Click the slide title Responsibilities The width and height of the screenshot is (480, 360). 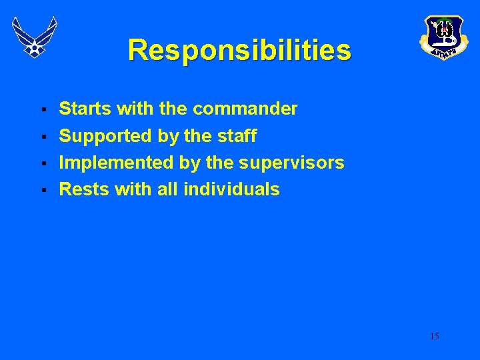tap(239, 50)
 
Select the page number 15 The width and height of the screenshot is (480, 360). tap(434, 336)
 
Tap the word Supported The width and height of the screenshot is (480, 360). tap(106, 136)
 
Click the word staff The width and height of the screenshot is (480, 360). tap(237, 136)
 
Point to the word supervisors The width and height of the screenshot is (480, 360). tap(291, 163)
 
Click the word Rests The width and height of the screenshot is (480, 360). tap(84, 189)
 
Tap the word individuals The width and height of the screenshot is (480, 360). tap(231, 189)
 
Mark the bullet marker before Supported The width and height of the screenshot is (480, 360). tap(43, 137)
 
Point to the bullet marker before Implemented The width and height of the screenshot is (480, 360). tap(43, 163)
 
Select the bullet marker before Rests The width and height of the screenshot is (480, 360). tap(43, 190)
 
